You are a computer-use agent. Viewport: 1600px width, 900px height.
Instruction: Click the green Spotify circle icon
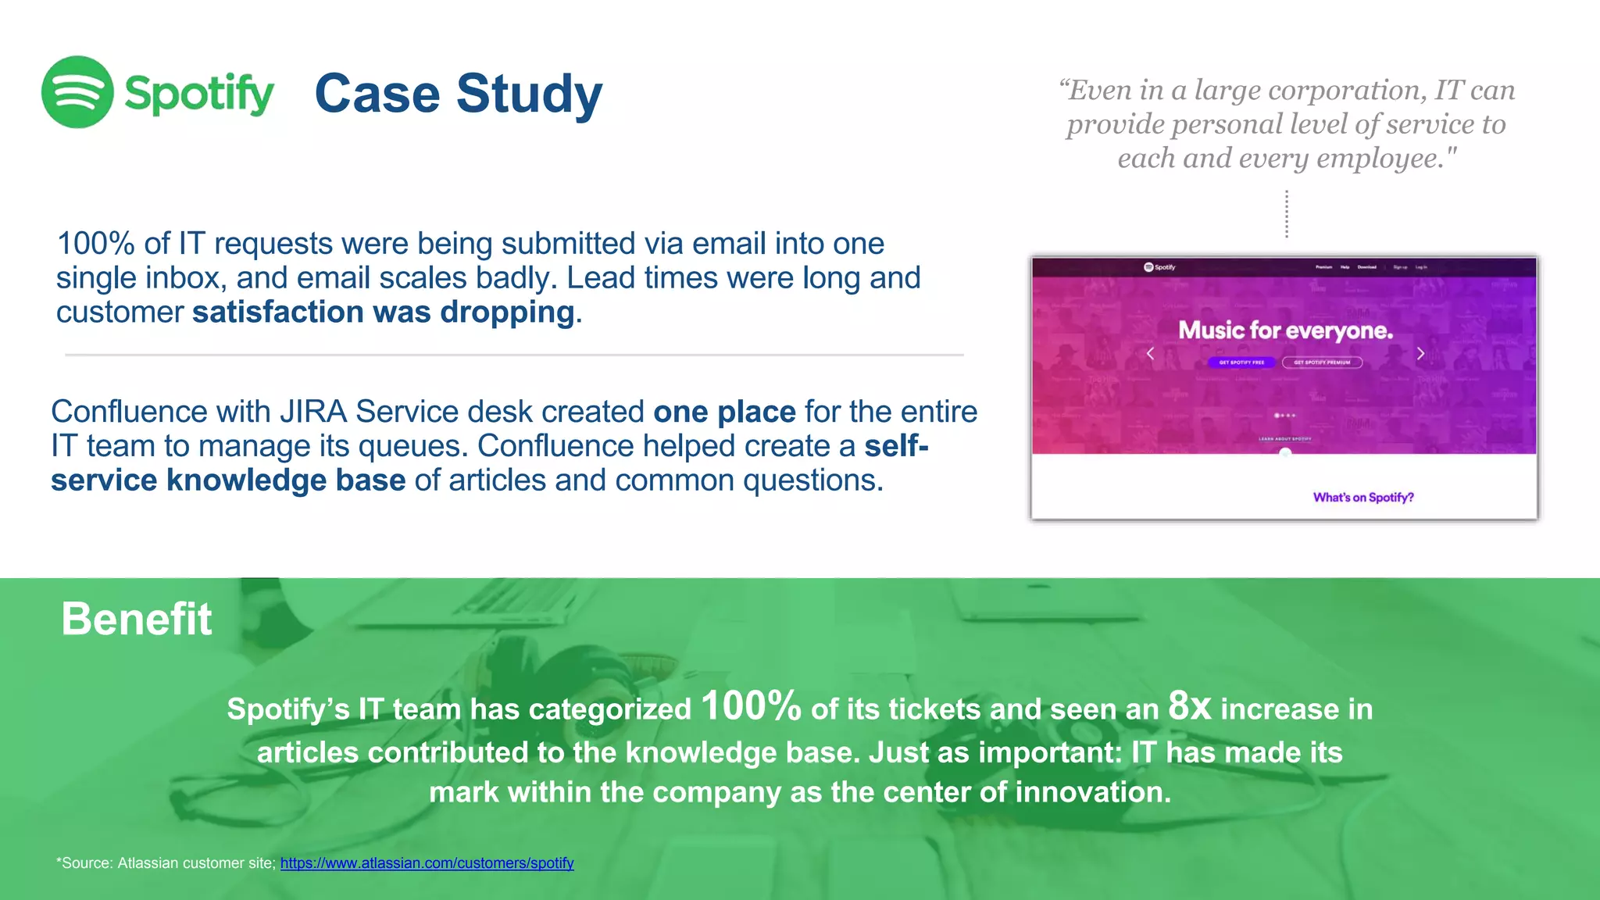tap(77, 92)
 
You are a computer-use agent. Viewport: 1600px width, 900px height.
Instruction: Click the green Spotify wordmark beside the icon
tap(199, 94)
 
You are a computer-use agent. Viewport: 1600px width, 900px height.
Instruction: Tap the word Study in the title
tap(529, 94)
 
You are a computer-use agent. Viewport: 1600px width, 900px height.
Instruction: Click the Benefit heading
tap(136, 619)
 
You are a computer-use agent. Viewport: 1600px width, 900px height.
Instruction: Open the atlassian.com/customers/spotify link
tap(427, 863)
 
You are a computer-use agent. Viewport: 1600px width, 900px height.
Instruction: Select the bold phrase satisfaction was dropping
tap(384, 312)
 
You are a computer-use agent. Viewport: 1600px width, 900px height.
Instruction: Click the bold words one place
tap(723, 412)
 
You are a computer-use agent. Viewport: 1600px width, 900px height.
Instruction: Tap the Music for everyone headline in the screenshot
tap(1285, 330)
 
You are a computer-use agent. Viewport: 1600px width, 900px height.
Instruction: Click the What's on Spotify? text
tap(1363, 498)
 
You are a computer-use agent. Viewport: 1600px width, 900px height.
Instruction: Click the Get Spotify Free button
tap(1241, 362)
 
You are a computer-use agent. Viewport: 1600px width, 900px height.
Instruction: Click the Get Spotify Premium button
tap(1322, 362)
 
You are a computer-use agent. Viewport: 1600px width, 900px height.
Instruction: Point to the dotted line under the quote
tap(1287, 214)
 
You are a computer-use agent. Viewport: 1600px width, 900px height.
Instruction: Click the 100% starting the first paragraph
tap(95, 244)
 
